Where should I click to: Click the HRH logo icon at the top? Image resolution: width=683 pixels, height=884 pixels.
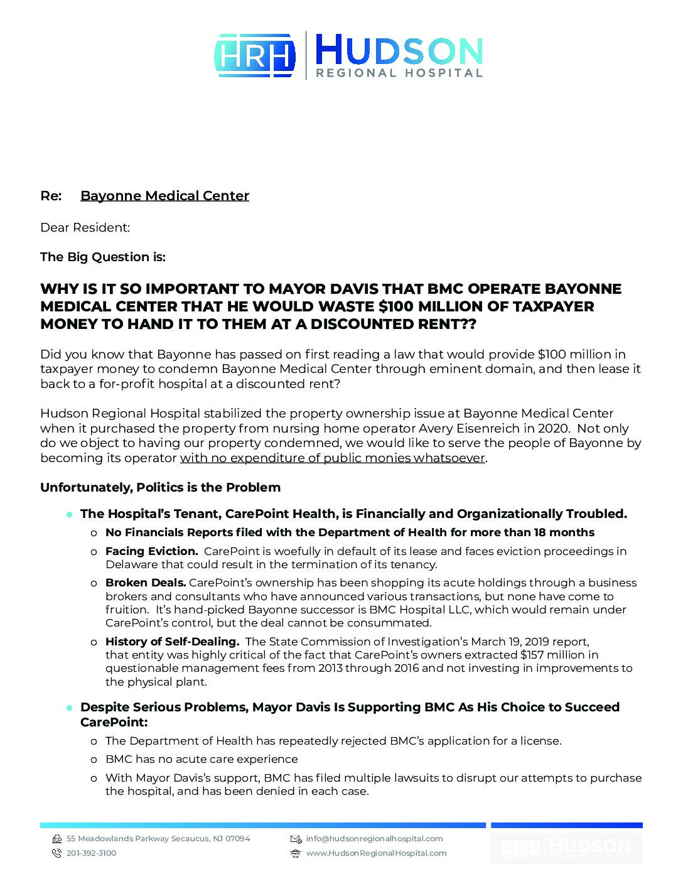[x=255, y=55]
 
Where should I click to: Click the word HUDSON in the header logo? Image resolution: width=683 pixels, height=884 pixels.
[x=398, y=50]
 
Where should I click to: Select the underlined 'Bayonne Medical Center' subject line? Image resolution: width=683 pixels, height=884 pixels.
[x=164, y=196]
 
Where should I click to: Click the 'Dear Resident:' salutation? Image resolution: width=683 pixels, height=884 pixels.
[x=85, y=227]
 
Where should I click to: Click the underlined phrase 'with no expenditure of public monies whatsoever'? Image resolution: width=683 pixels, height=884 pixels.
[x=333, y=458]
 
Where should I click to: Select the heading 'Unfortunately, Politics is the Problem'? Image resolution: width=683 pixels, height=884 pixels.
[x=160, y=487]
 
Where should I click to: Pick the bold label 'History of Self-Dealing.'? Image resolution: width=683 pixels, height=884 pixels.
[x=172, y=642]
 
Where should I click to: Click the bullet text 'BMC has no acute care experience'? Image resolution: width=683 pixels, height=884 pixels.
[x=202, y=759]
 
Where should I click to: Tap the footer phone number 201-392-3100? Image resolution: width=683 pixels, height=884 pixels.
[x=91, y=853]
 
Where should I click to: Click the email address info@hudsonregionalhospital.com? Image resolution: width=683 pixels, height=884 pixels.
[x=374, y=839]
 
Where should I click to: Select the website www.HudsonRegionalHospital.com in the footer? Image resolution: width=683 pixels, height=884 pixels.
[x=376, y=853]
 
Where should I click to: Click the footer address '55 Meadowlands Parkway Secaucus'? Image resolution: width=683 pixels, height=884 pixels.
[x=137, y=839]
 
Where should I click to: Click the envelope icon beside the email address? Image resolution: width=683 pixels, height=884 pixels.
[x=296, y=839]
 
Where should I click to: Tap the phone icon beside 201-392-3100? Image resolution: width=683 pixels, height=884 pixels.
[x=56, y=853]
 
